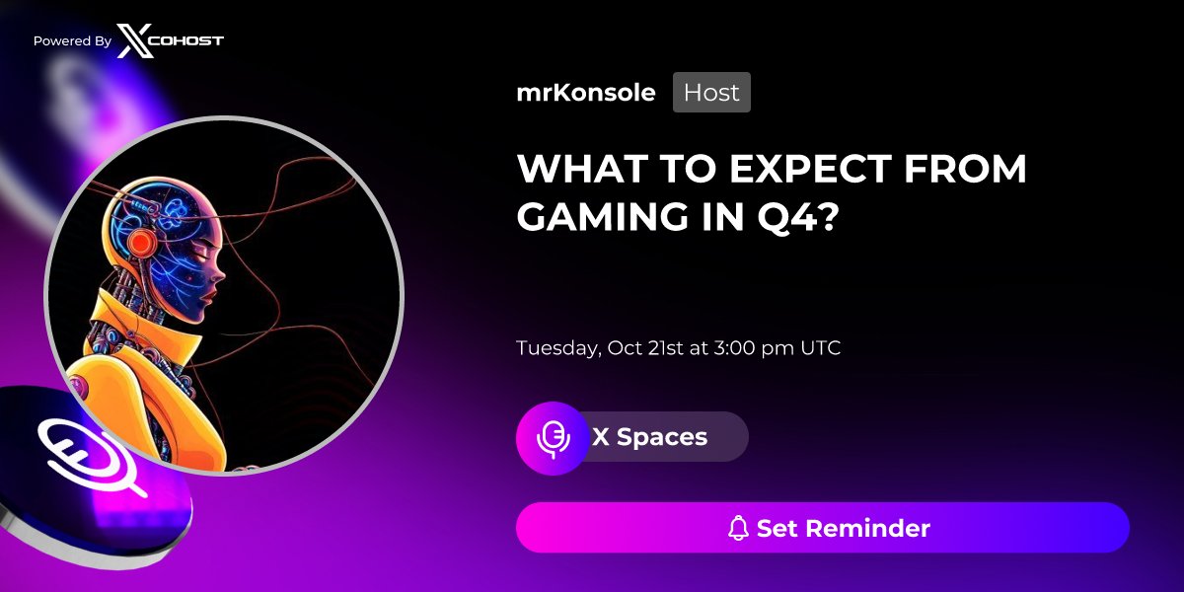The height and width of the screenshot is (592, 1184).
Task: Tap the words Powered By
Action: (72, 41)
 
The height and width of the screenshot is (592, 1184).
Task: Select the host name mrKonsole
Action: (586, 93)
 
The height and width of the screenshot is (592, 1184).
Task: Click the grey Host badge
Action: (711, 93)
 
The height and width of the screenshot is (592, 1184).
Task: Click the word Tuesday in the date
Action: (556, 348)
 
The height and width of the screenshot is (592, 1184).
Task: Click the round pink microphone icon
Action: (553, 437)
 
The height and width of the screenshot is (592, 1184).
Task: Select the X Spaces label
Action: (649, 437)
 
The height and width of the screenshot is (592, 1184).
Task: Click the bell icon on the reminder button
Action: (738, 529)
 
